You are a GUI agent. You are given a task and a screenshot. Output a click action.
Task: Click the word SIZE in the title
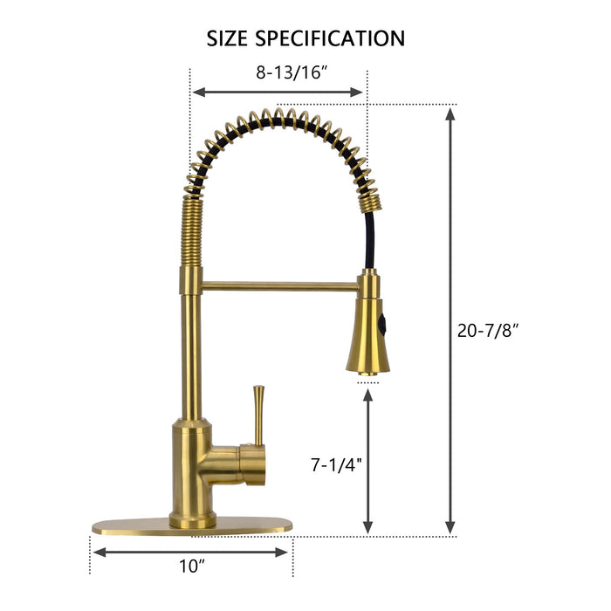pos(230,39)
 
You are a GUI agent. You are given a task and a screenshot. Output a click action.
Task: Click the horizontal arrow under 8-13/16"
pos(278,92)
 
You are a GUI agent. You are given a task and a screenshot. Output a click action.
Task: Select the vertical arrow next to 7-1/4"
pos(368,461)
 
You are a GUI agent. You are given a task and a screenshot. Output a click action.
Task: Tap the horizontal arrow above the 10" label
pos(190,552)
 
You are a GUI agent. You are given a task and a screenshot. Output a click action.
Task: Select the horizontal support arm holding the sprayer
pos(279,284)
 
